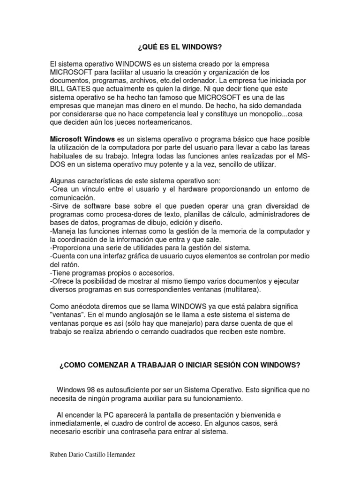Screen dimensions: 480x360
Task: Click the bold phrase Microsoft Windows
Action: pyautogui.click(x=82, y=139)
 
